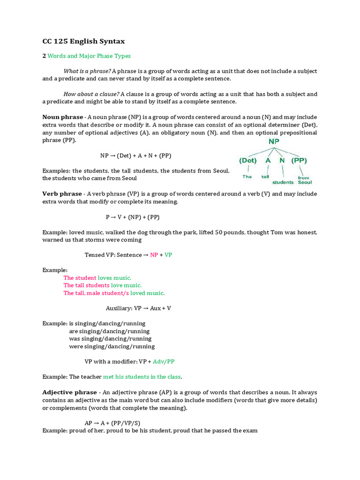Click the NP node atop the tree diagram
(273, 141)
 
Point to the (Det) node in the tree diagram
(247, 160)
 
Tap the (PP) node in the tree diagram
(299, 160)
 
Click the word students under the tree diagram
(283, 182)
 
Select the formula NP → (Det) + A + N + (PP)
(132, 156)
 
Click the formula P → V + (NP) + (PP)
(133, 217)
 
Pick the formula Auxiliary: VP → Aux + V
(138, 308)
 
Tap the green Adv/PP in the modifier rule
(164, 362)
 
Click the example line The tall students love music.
(102, 285)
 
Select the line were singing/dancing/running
(112, 346)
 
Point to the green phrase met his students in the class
(142, 377)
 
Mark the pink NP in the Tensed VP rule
(154, 255)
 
